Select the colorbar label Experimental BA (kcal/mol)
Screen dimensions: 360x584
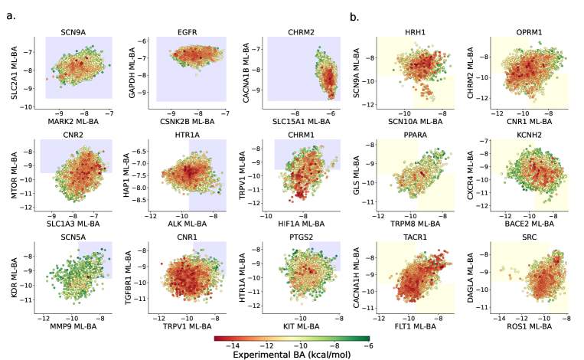(292, 355)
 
